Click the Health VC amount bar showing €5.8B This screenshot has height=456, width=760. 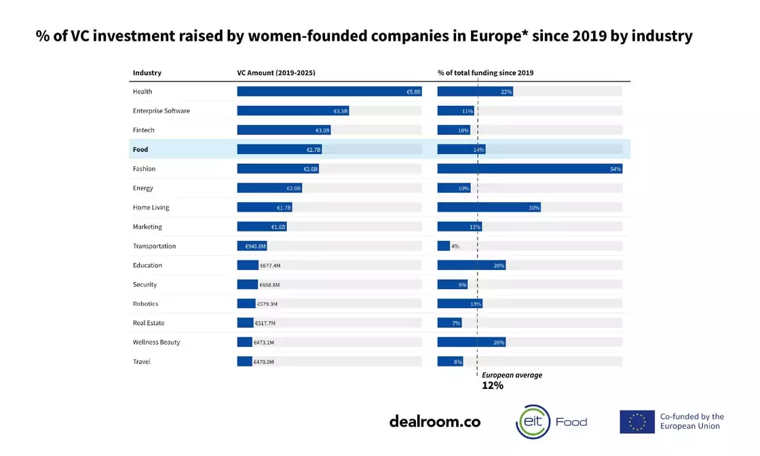point(329,92)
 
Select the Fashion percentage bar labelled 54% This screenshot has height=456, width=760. point(529,169)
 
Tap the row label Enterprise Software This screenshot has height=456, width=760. point(161,111)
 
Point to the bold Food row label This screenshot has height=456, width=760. point(140,149)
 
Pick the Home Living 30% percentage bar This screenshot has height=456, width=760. point(489,208)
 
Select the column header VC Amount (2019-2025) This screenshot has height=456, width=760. point(271,73)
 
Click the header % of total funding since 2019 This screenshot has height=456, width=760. point(485,73)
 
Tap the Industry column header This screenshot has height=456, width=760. point(147,73)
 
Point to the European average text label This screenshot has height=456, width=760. point(512,375)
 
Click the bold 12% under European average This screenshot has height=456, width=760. point(493,385)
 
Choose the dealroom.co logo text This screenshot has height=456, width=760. point(434,421)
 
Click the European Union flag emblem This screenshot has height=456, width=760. point(636,421)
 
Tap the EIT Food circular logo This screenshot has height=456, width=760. point(533,421)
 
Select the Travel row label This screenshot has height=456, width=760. point(142,362)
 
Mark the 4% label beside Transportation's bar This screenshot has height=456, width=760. point(455,246)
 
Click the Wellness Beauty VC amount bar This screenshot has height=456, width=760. point(244,343)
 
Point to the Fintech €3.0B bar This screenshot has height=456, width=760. point(284,130)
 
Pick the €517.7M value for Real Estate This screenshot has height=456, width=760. point(265,324)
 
